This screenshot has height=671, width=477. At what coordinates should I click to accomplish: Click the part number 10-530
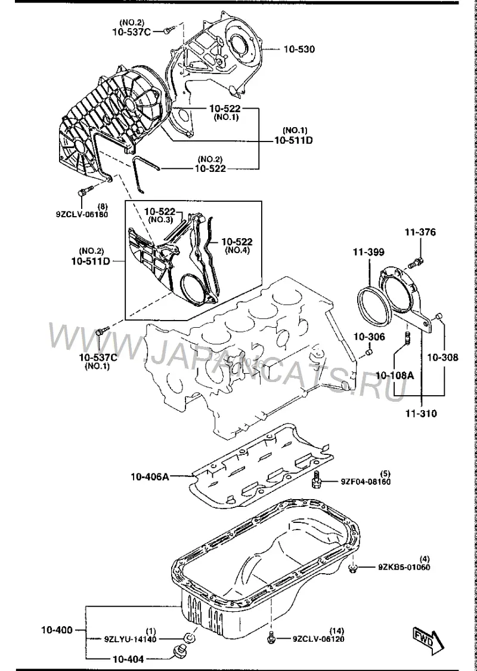point(299,49)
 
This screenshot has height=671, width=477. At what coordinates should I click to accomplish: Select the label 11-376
point(420,232)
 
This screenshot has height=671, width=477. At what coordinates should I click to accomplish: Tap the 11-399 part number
point(368,252)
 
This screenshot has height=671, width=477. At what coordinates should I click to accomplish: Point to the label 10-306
point(369,337)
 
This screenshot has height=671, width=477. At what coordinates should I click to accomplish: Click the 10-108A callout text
point(395,375)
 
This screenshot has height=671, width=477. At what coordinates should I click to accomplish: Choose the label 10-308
point(442,357)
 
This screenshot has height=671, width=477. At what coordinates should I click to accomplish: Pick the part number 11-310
point(422,413)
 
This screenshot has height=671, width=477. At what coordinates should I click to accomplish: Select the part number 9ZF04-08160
point(366,482)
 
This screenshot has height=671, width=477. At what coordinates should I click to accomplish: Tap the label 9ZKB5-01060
point(404,568)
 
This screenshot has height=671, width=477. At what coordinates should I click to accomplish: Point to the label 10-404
point(128,659)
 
